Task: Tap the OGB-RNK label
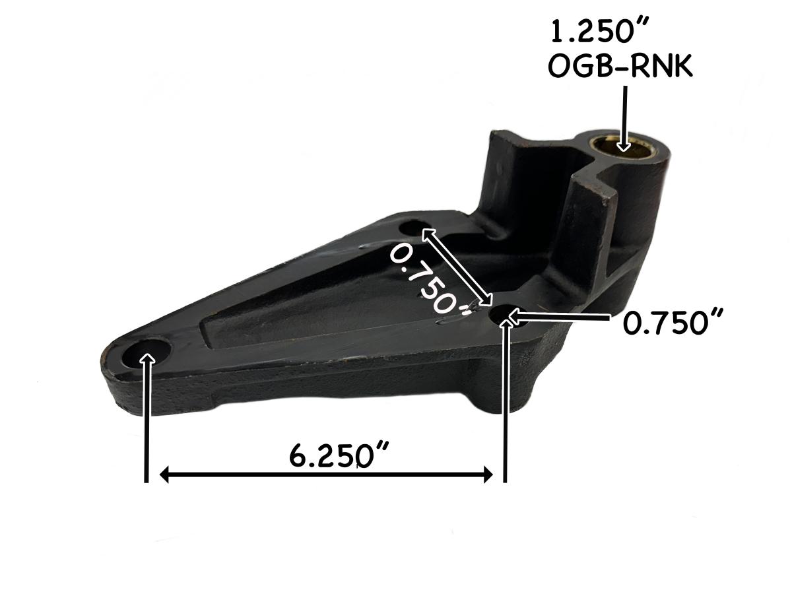[621, 67]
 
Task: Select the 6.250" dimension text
[339, 455]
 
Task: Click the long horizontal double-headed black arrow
[327, 475]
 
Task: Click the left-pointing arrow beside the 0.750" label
[558, 319]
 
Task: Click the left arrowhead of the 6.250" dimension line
[167, 475]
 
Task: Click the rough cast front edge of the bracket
[297, 389]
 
